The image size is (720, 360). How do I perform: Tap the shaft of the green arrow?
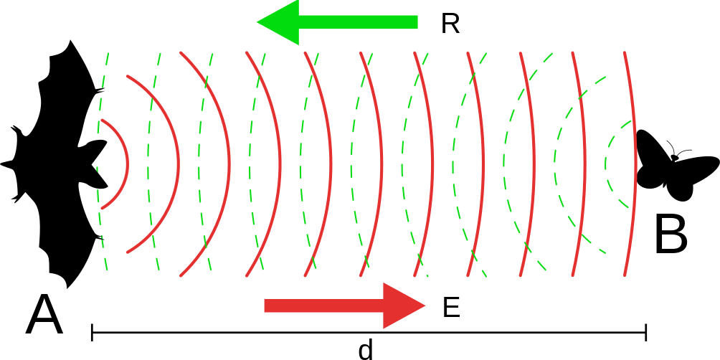(359, 22)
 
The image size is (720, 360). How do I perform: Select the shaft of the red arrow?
(323, 306)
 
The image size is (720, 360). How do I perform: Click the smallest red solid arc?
(127, 165)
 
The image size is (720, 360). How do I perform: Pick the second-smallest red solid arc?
(178, 165)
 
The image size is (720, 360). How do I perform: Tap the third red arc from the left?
(229, 165)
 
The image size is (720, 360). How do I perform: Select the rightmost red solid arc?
(636, 165)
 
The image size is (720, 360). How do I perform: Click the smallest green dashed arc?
(606, 164)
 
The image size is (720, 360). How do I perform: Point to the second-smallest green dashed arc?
(555, 164)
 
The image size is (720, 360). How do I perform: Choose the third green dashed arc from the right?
(504, 164)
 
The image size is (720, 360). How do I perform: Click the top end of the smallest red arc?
(103, 120)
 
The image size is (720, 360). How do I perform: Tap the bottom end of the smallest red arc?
(103, 209)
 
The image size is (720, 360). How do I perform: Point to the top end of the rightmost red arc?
(625, 53)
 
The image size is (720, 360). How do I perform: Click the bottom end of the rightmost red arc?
(625, 275)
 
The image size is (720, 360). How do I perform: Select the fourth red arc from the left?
(280, 165)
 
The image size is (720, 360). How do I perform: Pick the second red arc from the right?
(585, 165)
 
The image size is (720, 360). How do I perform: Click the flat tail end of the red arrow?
(265, 306)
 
